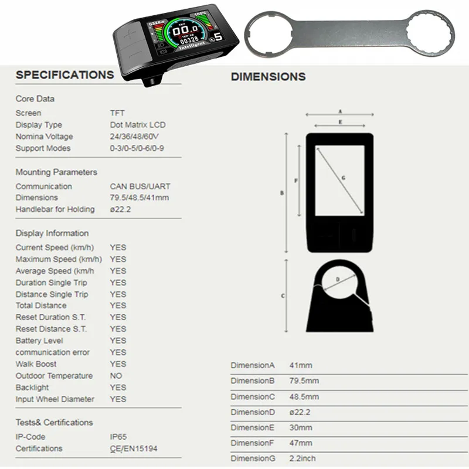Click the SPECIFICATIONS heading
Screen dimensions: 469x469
pyautogui.click(x=64, y=75)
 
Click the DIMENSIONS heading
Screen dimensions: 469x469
pyautogui.click(x=268, y=77)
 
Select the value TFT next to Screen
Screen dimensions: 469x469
pyautogui.click(x=117, y=113)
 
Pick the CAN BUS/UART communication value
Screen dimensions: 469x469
pyautogui.click(x=140, y=186)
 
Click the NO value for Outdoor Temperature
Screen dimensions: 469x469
pyautogui.click(x=116, y=376)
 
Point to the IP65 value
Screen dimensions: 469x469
pyautogui.click(x=118, y=437)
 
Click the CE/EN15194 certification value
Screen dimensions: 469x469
pyautogui.click(x=134, y=448)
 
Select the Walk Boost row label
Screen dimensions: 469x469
pyautogui.click(x=36, y=364)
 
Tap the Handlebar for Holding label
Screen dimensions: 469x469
pyautogui.click(x=55, y=209)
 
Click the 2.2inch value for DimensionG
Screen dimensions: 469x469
pyautogui.click(x=303, y=458)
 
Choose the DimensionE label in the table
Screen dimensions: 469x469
pyautogui.click(x=252, y=427)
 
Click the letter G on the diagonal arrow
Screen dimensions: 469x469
pyautogui.click(x=343, y=178)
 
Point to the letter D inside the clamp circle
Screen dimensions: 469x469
pyautogui.click(x=338, y=280)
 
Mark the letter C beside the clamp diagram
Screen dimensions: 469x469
pyautogui.click(x=283, y=296)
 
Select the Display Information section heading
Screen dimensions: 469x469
pyautogui.click(x=52, y=233)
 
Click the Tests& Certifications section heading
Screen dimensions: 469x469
pyautogui.click(x=54, y=423)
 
